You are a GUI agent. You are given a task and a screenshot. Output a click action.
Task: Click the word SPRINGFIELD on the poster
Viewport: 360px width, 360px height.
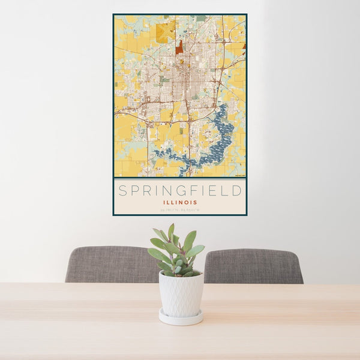click(x=180, y=191)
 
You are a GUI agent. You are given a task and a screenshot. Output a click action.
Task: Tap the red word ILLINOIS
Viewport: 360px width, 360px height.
click(x=180, y=202)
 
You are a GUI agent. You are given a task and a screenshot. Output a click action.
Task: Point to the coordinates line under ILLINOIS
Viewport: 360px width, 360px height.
click(x=180, y=209)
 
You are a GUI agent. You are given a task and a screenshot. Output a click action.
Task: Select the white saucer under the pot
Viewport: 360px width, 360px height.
click(x=181, y=318)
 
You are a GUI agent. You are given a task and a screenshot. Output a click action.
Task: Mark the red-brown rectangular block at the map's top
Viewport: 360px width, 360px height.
click(x=179, y=47)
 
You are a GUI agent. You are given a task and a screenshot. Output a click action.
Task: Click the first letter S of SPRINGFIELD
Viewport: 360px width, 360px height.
click(x=122, y=191)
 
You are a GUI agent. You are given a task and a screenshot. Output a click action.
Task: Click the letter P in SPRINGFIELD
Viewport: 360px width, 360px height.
click(x=136, y=191)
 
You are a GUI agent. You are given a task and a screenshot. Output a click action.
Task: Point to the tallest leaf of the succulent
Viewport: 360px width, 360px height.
click(x=171, y=230)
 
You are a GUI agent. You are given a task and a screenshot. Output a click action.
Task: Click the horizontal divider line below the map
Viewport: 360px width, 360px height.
click(x=180, y=178)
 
